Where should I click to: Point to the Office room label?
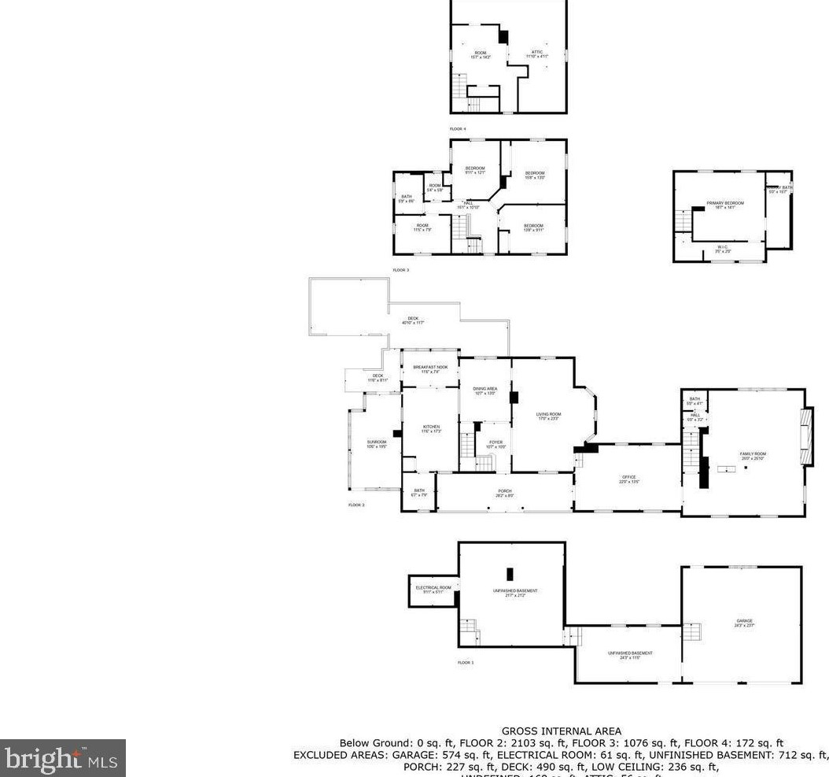point(628,479)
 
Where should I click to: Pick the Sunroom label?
point(376,444)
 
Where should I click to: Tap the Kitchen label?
point(430,428)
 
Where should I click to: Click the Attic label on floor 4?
point(537,54)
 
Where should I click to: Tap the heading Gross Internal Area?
point(562,731)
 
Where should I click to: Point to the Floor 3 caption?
point(401,270)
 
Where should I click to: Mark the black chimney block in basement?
point(510,575)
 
